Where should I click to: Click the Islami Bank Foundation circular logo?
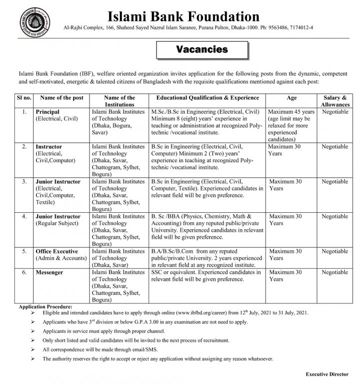(x=29, y=22)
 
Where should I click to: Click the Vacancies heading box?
(x=202, y=50)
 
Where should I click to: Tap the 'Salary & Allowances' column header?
(x=335, y=101)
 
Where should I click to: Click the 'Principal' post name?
(x=47, y=112)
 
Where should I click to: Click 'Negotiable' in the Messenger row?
(x=335, y=272)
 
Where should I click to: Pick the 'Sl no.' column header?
(x=23, y=98)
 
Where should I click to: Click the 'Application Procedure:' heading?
(x=45, y=305)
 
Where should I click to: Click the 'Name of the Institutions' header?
(x=119, y=101)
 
